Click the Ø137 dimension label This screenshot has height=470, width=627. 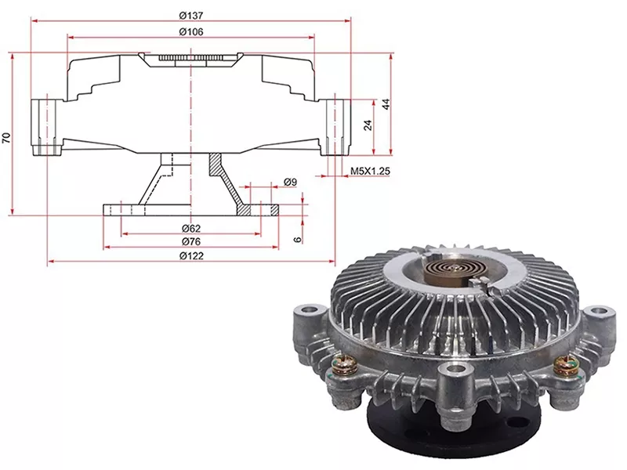[191, 16]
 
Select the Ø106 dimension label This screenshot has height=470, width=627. [191, 31]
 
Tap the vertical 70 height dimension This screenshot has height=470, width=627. [6, 138]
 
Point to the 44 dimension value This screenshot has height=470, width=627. [386, 105]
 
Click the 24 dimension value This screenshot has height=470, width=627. [368, 125]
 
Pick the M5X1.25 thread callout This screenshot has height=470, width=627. [370, 171]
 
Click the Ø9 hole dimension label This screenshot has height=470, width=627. [290, 183]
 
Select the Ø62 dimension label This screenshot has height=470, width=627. [191, 229]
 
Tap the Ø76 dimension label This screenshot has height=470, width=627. [191, 242]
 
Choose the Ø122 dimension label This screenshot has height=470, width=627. [191, 256]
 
